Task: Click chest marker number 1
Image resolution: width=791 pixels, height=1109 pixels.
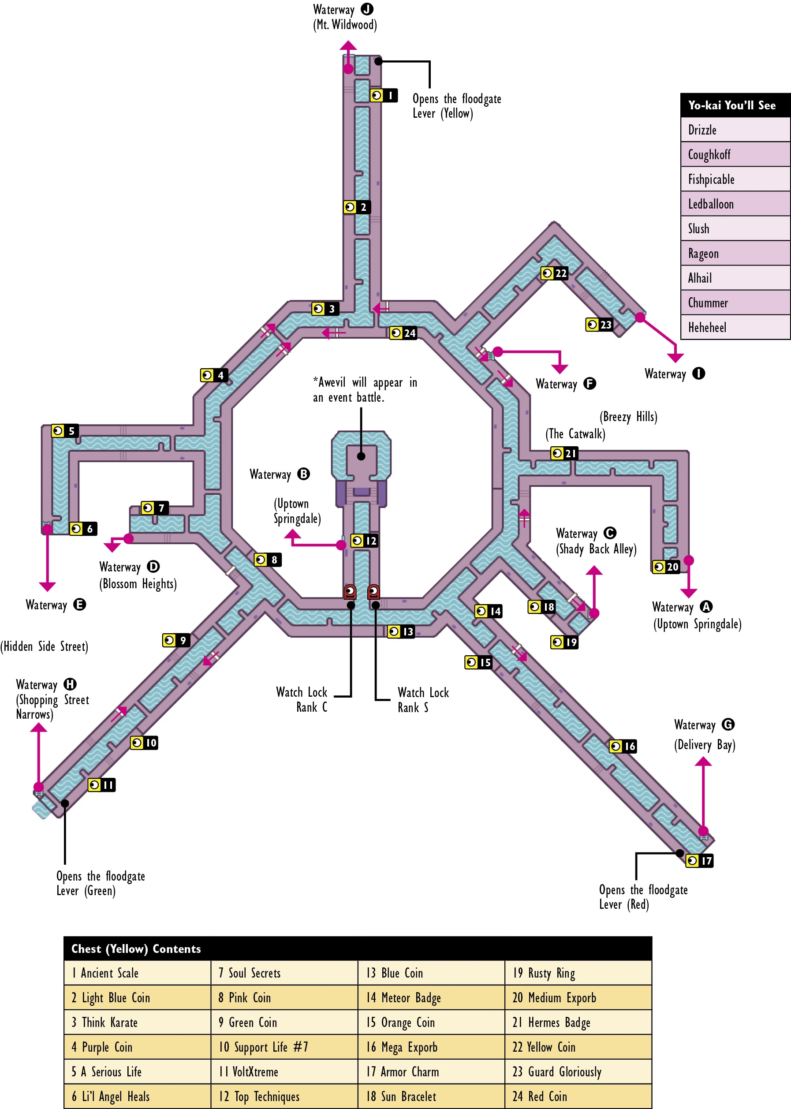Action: (384, 95)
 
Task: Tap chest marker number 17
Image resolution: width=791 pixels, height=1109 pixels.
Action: (699, 861)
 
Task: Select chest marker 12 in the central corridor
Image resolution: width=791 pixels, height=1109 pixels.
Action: (364, 541)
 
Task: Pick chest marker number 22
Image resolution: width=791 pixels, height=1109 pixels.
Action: (554, 273)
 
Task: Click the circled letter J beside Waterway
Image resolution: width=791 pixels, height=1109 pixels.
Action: (367, 9)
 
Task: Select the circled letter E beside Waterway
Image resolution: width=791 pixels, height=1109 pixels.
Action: (79, 605)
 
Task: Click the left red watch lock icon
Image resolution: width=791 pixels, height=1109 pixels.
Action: (350, 591)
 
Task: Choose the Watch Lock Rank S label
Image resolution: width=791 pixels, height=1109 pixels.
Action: (422, 700)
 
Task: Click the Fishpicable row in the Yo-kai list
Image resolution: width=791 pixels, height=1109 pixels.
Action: (735, 179)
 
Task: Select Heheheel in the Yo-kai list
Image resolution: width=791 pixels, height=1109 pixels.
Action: (735, 327)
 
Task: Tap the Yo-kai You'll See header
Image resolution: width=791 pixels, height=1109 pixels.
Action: (735, 105)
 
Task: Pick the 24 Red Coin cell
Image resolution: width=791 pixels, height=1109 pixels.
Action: (578, 1096)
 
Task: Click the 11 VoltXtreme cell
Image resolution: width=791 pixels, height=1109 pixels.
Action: (284, 1072)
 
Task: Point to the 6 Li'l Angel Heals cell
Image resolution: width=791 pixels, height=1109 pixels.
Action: (138, 1096)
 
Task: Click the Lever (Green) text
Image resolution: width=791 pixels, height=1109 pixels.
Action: (86, 891)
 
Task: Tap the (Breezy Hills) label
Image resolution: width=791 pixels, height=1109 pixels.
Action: (628, 417)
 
